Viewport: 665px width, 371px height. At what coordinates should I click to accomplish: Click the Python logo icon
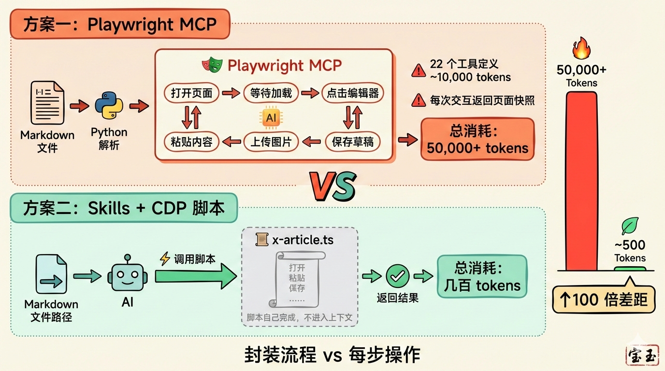109,106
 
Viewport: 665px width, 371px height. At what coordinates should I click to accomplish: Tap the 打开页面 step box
192,93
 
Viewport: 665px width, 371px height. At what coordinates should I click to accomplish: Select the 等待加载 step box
271,93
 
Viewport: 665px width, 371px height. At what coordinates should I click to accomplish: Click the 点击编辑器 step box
353,93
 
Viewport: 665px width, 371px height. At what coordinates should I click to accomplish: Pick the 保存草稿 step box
353,142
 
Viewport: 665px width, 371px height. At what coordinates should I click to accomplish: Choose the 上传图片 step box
271,142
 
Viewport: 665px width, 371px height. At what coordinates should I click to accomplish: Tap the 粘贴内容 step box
192,142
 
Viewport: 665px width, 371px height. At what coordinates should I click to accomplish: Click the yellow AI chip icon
271,117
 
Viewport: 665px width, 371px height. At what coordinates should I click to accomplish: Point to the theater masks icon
213,65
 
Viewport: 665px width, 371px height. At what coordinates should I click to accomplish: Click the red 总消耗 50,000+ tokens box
477,139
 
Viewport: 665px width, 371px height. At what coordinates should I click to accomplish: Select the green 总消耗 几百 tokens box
482,276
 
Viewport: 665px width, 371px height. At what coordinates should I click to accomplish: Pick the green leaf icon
630,226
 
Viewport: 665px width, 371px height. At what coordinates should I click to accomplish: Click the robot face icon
127,277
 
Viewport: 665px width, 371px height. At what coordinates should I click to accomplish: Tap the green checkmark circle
398,276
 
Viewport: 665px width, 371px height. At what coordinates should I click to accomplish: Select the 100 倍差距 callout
604,300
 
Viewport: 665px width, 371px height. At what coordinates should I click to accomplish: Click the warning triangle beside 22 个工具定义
418,71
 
